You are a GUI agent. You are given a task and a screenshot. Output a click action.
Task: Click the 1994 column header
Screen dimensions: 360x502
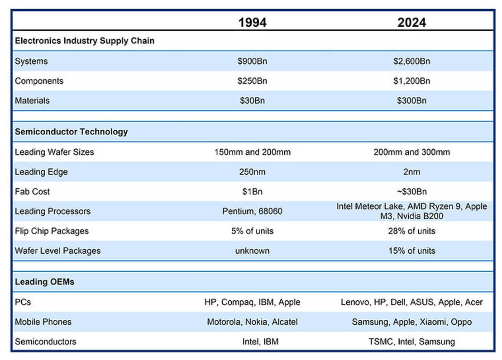[x=253, y=22]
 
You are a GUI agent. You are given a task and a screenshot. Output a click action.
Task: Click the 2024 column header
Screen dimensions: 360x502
[x=411, y=22]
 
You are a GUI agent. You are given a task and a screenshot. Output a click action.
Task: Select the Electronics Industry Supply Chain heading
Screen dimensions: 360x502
[x=85, y=41]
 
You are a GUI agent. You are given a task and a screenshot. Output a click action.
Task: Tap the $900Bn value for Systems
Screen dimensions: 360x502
[x=252, y=61]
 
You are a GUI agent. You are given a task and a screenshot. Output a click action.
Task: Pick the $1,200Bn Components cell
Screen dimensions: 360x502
[x=411, y=81]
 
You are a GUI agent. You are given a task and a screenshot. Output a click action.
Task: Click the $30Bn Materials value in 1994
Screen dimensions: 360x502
[x=252, y=101]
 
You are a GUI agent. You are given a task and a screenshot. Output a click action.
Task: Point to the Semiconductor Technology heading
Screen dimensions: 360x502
[x=71, y=132]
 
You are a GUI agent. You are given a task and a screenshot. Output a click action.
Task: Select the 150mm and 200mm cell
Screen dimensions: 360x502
[x=252, y=152]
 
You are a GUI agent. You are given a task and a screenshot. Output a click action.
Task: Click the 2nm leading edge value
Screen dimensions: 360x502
[x=411, y=172]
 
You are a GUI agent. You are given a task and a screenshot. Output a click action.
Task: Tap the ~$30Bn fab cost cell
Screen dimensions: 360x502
[x=411, y=192]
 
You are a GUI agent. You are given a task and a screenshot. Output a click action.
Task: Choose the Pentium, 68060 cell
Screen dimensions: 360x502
[x=252, y=211]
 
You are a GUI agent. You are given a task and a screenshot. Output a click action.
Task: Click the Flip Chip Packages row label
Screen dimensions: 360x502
[x=52, y=231]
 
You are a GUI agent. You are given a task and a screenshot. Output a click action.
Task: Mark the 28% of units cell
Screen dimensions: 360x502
[x=411, y=231]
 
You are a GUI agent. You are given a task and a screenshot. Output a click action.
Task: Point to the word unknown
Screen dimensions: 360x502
[x=252, y=251]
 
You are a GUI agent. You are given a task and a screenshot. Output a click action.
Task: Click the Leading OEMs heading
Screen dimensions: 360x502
[x=44, y=282]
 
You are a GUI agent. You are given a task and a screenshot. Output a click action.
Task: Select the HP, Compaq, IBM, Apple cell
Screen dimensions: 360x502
[x=252, y=302]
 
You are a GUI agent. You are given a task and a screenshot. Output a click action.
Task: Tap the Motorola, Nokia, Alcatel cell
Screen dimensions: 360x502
[x=252, y=322]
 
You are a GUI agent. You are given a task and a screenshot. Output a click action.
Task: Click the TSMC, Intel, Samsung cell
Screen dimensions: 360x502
[x=411, y=342]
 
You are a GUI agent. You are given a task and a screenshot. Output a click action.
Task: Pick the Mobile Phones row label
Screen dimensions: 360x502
[x=43, y=322]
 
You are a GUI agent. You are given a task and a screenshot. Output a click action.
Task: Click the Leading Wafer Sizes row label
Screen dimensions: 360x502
[x=54, y=152]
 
